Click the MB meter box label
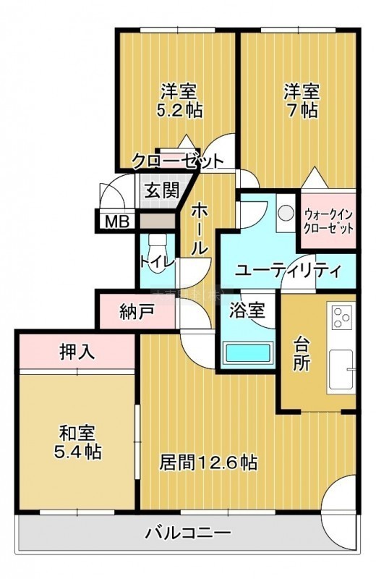coord(117,222)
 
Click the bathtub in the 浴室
coord(248,353)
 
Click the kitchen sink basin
coord(341,370)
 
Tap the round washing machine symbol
coord(285,213)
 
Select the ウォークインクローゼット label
coord(328,221)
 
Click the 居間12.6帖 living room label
coord(208,462)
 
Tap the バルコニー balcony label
coord(188,533)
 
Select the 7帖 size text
coord(302,110)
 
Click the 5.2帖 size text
coord(179,110)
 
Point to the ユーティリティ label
coord(288,272)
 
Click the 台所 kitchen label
coord(301,354)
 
